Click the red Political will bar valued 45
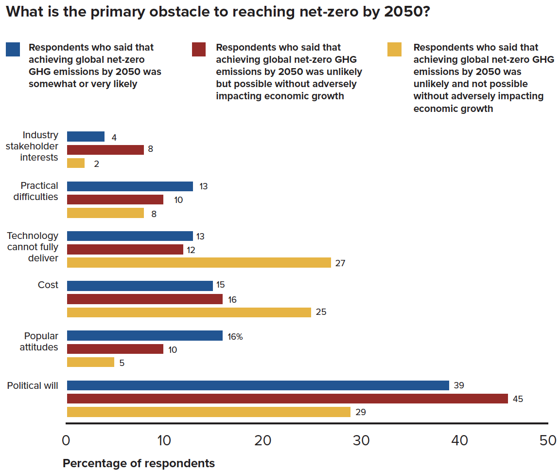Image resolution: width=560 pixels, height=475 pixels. pyautogui.click(x=287, y=399)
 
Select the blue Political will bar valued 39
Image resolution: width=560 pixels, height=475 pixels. pyautogui.click(x=258, y=385)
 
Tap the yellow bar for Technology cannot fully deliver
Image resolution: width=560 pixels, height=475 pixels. pyautogui.click(x=199, y=263)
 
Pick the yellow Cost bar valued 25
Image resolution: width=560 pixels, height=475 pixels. pyautogui.click(x=189, y=312)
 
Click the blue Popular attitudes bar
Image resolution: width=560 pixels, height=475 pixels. pyautogui.click(x=144, y=336)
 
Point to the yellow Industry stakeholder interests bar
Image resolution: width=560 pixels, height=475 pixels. pyautogui.click(x=75, y=164)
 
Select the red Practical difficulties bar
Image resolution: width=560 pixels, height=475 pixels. pyautogui.click(x=115, y=200)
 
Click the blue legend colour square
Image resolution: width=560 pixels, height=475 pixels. pyautogui.click(x=13, y=50)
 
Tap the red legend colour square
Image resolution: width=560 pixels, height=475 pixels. pyautogui.click(x=199, y=50)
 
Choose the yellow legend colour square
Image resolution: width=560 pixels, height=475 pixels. pyautogui.click(x=394, y=50)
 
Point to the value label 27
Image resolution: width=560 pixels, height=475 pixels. pyautogui.click(x=340, y=263)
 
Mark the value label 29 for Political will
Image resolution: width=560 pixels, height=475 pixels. pyautogui.click(x=360, y=412)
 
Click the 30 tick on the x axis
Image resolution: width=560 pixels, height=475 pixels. pyautogui.click(x=361, y=440)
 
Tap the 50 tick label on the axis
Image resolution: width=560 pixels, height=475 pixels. pyautogui.click(x=548, y=440)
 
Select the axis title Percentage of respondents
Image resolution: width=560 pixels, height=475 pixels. pyautogui.click(x=139, y=463)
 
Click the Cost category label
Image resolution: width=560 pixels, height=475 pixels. pyautogui.click(x=48, y=285)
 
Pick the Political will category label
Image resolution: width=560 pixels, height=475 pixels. pyautogui.click(x=33, y=386)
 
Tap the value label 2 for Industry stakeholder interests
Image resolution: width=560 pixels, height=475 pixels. pyautogui.click(x=96, y=164)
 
